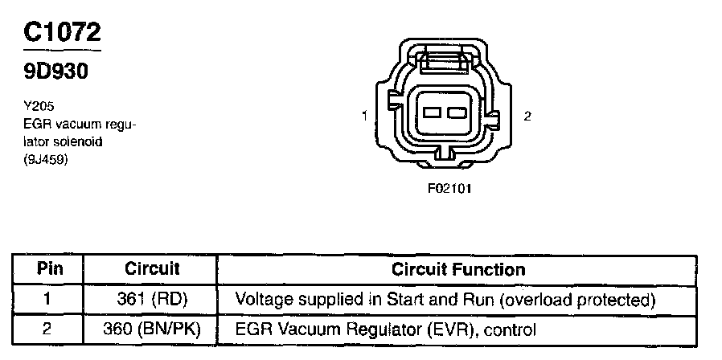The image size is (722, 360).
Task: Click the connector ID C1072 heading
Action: tap(63, 32)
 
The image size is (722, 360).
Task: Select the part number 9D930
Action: tap(55, 72)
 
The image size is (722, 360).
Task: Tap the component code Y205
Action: tap(37, 104)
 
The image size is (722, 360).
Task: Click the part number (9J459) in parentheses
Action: tap(45, 159)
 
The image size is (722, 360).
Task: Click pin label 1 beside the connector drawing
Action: tap(364, 117)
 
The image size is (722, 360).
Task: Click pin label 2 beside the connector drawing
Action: tap(527, 117)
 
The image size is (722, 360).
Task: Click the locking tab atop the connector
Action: tap(444, 61)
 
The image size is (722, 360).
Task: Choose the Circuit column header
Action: tap(152, 268)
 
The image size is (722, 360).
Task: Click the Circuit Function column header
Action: tap(457, 268)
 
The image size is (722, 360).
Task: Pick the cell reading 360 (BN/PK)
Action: tap(152, 329)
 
